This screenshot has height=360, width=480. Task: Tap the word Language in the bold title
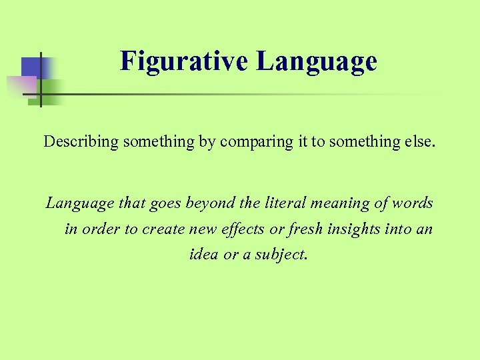point(317,61)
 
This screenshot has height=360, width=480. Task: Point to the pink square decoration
point(20,87)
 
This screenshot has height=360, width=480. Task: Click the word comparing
point(247,141)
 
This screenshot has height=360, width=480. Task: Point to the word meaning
point(323,203)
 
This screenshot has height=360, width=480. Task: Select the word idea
point(204,254)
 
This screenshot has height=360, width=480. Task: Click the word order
point(103,229)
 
